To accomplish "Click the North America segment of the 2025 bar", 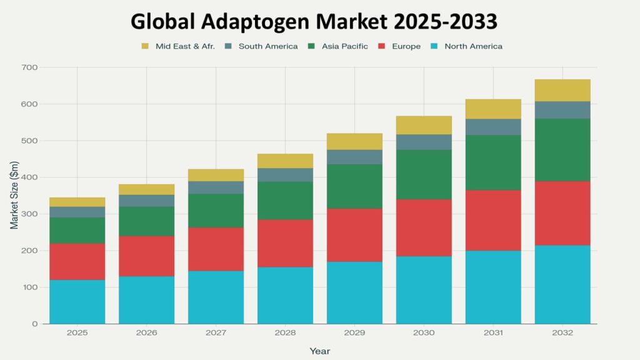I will pos(77,301).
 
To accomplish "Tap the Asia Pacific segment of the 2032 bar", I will pos(562,150).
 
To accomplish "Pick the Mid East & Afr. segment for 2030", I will pos(424,125).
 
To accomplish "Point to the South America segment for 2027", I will pos(216,187).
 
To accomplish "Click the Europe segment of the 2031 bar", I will pos(493,220).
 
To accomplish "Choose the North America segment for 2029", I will pos(354,292).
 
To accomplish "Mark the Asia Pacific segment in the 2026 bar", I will pos(147,221).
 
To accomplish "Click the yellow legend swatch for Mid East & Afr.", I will pos(146,46).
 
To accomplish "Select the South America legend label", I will pos(268,46).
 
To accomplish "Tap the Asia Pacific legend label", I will pos(345,46).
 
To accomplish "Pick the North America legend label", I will pos(473,46).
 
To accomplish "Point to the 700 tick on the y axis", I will pos(29,67).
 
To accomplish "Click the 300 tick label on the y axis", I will pos(29,214).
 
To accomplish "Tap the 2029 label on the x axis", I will pos(354,333).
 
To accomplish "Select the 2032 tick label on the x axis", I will pos(562,333).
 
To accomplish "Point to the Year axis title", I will pos(319,351).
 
